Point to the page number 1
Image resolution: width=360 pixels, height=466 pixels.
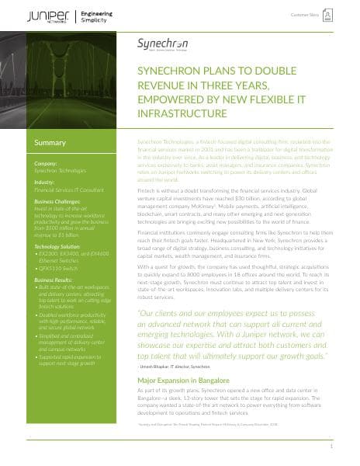(x=331, y=447)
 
